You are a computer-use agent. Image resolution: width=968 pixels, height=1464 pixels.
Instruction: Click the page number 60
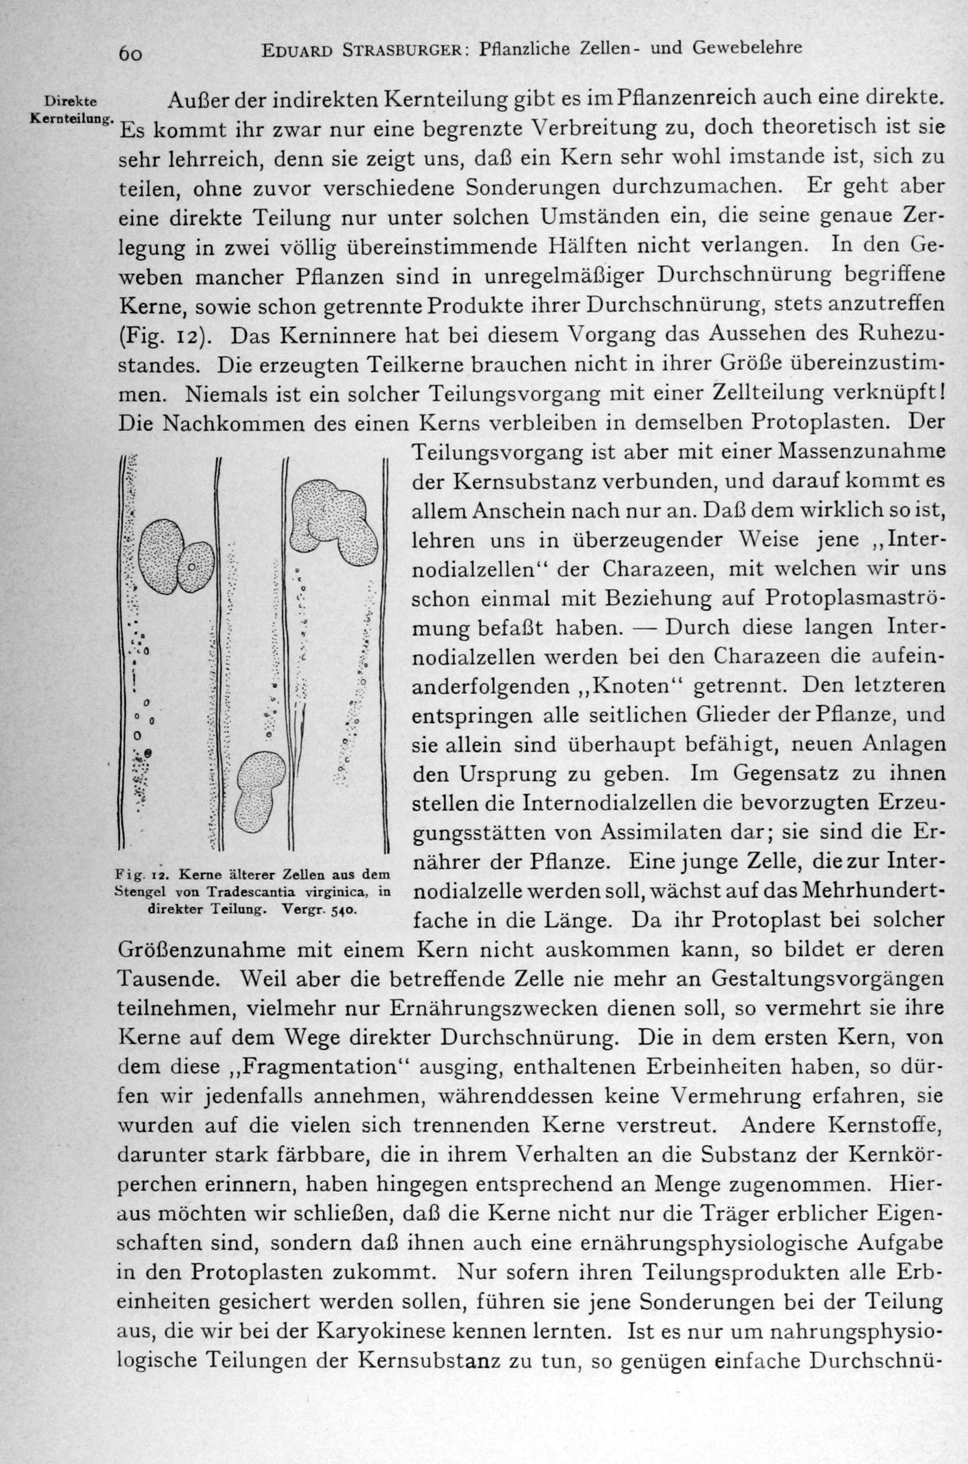click(131, 54)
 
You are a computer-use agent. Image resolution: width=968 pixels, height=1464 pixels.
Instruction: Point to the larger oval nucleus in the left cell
click(161, 555)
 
